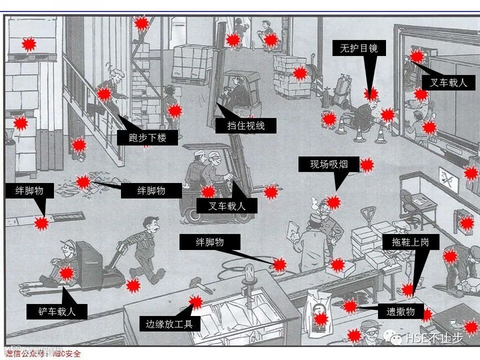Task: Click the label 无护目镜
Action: click(358, 48)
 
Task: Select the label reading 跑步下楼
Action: click(147, 137)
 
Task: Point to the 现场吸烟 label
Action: click(328, 164)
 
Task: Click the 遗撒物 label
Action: click(400, 311)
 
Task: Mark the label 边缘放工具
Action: click(169, 323)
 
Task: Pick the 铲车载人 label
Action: click(57, 311)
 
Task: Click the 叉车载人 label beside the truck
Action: click(448, 82)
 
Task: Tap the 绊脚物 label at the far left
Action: click(29, 190)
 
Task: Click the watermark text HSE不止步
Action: click(434, 338)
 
